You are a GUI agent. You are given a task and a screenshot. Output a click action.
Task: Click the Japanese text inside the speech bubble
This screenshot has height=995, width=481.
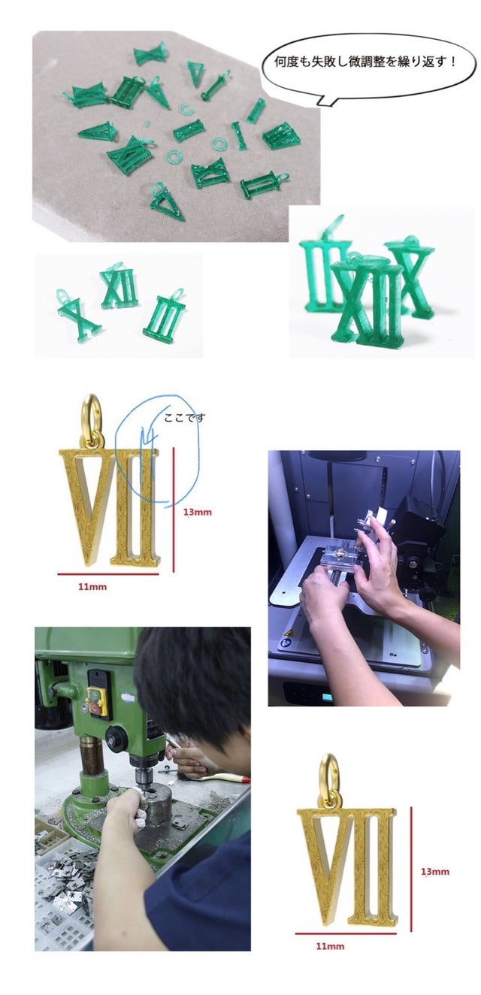(365, 62)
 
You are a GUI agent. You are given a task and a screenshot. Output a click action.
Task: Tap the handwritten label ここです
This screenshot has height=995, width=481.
(185, 418)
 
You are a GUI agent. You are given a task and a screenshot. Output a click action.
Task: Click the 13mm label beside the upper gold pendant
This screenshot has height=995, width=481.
(198, 513)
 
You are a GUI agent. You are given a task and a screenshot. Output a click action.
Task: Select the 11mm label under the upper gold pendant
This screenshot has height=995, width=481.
(92, 587)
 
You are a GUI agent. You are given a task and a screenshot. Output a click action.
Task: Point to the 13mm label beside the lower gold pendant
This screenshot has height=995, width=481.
(435, 872)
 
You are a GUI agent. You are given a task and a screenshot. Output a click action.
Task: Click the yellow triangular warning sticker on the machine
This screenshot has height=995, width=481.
(289, 633)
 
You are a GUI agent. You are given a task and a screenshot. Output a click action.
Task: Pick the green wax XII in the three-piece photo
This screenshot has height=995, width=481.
(118, 288)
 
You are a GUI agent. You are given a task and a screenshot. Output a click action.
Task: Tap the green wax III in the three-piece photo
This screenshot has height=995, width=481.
(165, 315)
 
